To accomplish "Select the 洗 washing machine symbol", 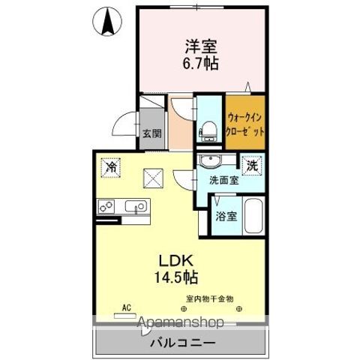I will (x=253, y=165).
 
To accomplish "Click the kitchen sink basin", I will (x=137, y=205).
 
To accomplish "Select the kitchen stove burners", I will (x=106, y=205).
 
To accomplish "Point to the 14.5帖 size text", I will (x=177, y=277).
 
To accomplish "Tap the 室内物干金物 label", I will (x=211, y=299).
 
